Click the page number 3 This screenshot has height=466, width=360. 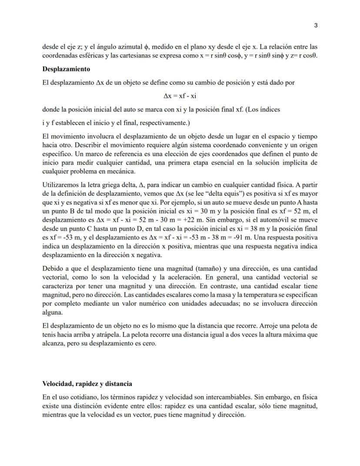(x=316, y=25)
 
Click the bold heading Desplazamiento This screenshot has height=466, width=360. (x=66, y=69)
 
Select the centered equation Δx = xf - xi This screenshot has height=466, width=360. (x=180, y=95)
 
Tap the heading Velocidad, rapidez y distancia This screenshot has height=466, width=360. (x=87, y=384)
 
